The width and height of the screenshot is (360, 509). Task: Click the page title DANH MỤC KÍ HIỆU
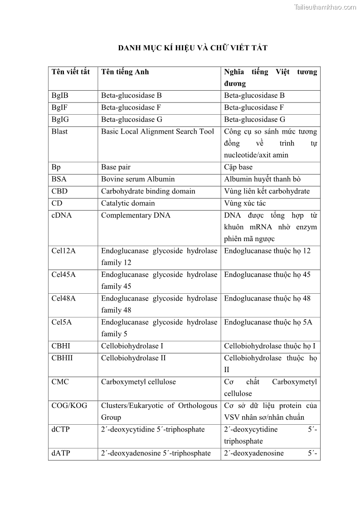coord(193,48)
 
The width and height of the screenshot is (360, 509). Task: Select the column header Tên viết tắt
coord(71,72)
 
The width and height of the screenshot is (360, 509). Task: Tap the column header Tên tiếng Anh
coord(125,72)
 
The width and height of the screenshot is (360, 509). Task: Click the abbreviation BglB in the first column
coord(60,96)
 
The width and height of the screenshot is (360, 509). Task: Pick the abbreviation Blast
coord(59,131)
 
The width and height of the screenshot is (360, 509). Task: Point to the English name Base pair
coord(116,167)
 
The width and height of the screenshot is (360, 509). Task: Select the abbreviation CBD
coord(59,191)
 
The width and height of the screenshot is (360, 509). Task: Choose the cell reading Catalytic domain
coord(128,203)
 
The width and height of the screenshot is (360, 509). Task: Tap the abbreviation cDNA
coord(62,215)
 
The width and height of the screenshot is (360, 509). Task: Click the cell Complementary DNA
coord(136,215)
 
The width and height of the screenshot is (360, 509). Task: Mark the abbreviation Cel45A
coord(63,275)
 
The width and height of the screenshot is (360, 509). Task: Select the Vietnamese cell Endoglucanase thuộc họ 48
coord(267,299)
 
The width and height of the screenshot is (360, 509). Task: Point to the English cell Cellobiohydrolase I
coord(132,346)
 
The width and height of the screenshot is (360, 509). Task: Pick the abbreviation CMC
coord(60,382)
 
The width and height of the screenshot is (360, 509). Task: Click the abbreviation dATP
coord(61,453)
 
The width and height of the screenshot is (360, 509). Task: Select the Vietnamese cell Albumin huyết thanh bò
coord(262,179)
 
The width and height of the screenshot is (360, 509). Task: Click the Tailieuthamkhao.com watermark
coord(325,7)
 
